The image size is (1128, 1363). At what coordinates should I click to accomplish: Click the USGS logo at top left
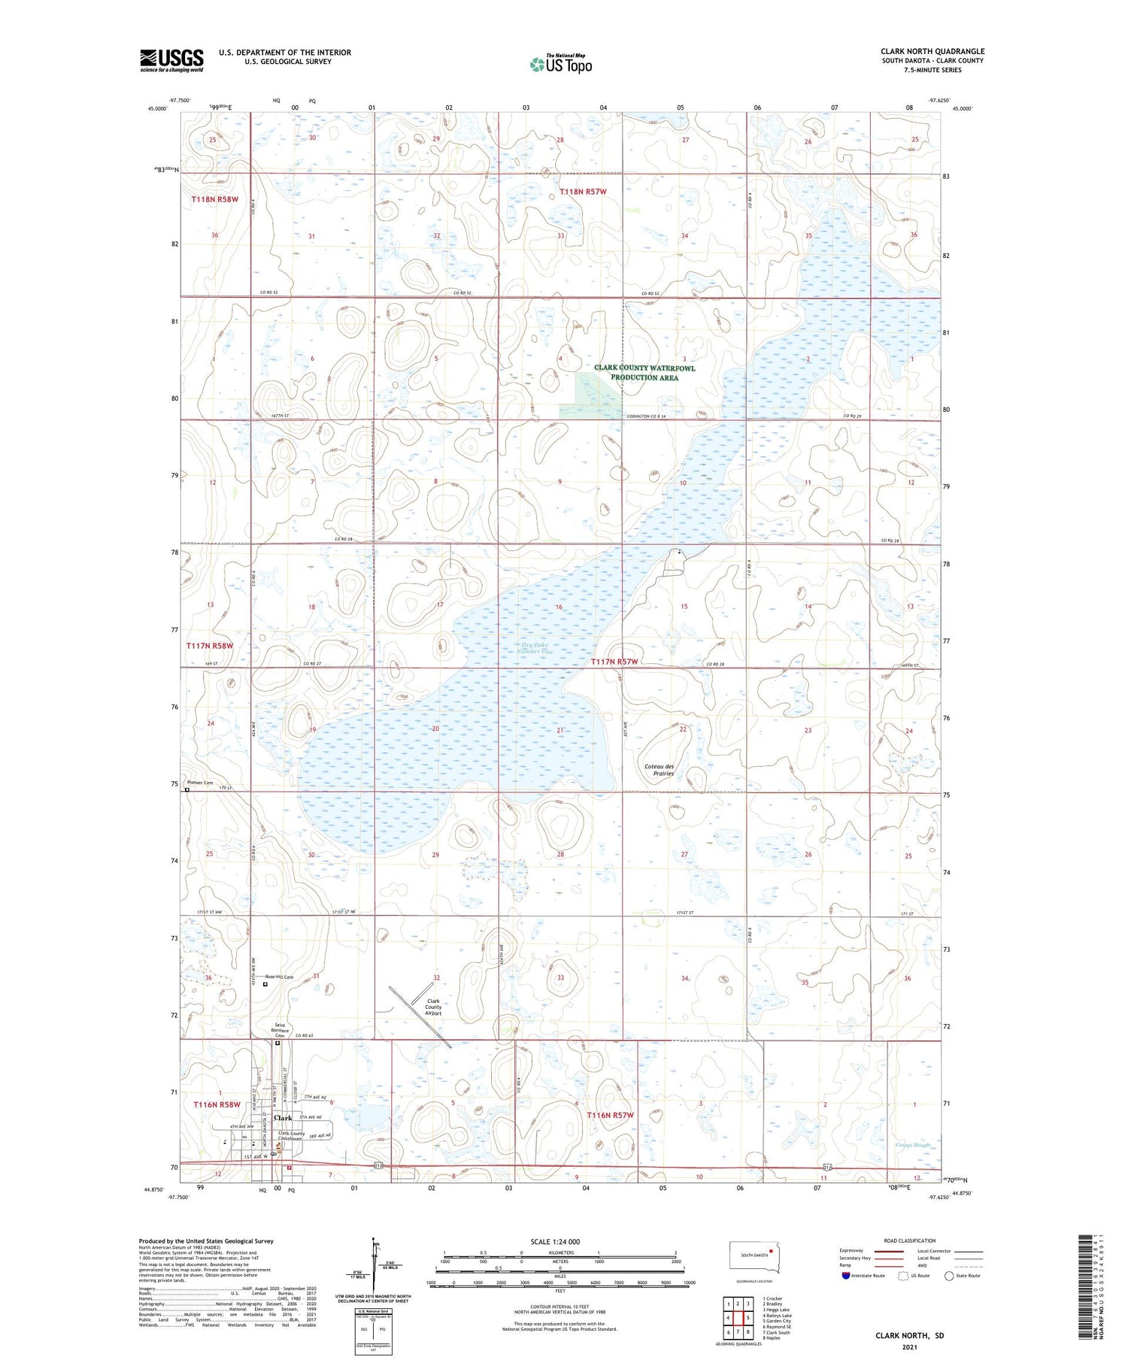[171, 60]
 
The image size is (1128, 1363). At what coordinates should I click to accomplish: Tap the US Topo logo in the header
[561, 63]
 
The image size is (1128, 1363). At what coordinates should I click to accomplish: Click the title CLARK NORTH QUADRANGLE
[932, 51]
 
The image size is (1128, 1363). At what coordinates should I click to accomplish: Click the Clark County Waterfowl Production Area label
[644, 373]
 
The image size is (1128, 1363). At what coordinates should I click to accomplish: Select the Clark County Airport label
[433, 1007]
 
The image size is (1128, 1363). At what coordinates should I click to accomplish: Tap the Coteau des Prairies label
[660, 769]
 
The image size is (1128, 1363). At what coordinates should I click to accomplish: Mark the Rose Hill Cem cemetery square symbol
[265, 983]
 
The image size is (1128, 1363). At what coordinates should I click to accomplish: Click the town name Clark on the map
[283, 1118]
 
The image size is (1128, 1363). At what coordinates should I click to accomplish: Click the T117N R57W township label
[614, 662]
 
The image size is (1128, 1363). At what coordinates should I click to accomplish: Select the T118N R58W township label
[214, 199]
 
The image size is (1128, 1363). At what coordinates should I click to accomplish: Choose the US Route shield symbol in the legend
[904, 1276]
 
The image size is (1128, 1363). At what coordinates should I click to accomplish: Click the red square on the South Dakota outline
[771, 1252]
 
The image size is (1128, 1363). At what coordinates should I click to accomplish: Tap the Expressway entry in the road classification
[851, 1251]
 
